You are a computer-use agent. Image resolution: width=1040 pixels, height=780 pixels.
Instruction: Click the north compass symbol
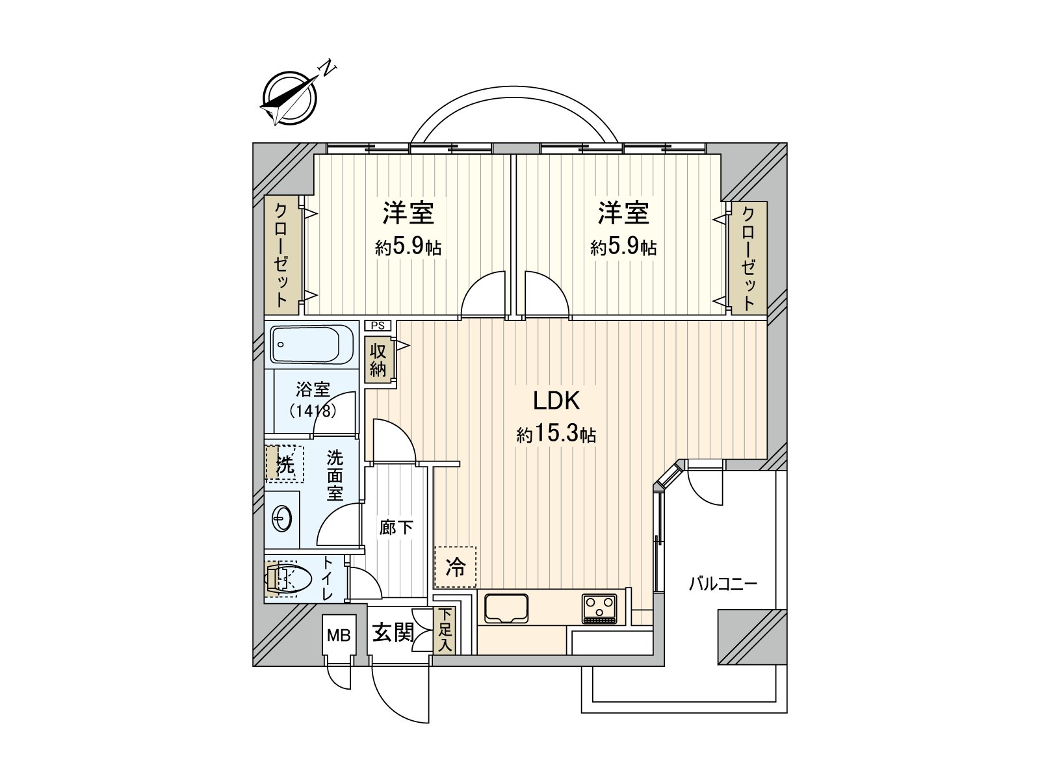tap(290, 97)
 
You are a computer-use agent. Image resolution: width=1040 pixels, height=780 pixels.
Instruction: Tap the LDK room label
tap(556, 401)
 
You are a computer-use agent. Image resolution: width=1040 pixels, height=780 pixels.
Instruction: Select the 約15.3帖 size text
tap(556, 434)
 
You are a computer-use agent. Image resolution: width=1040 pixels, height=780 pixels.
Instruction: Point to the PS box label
tap(378, 326)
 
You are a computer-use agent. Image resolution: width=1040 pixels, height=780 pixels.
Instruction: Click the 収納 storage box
tap(378, 361)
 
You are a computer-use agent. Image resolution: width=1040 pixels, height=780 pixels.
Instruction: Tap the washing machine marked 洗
tap(285, 464)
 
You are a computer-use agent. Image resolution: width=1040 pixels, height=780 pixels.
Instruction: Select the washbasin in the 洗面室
tap(283, 519)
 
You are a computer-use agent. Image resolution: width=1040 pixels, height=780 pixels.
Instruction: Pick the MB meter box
tap(339, 635)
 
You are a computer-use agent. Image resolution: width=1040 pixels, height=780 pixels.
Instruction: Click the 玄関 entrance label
tap(393, 632)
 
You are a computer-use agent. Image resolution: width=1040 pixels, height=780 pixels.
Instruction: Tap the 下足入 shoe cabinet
tap(445, 630)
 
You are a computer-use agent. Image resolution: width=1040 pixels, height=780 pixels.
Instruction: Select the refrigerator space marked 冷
tap(456, 567)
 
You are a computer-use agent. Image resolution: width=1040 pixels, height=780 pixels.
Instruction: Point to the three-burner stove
tap(599, 608)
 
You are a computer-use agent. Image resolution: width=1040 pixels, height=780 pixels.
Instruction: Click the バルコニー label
tap(723, 584)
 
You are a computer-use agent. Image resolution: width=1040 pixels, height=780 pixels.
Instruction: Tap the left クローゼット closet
tap(281, 255)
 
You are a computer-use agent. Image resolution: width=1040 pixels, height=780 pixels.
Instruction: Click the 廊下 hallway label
tap(396, 527)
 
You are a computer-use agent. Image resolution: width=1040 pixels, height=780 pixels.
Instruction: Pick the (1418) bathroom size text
tap(313, 411)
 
